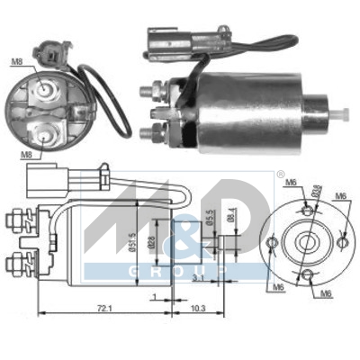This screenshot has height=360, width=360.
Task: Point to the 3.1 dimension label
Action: pyautogui.click(x=198, y=279)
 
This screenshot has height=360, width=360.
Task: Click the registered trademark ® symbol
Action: pyautogui.click(x=280, y=175)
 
